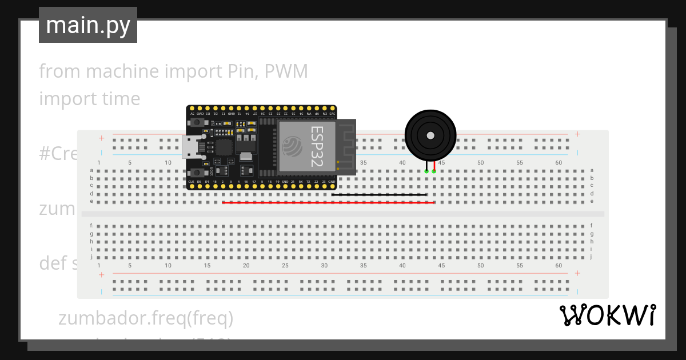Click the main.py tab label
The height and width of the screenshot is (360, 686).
click(x=88, y=25)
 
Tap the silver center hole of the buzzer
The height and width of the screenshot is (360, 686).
click(x=430, y=135)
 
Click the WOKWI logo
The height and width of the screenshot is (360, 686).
click(x=607, y=315)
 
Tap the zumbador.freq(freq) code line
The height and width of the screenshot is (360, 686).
click(x=146, y=318)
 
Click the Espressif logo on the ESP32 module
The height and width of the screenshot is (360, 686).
click(x=293, y=146)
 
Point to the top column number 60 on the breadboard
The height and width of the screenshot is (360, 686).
click(x=559, y=163)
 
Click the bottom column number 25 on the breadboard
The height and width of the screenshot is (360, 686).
click(x=285, y=266)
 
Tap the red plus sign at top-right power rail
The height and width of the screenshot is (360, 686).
click(x=577, y=135)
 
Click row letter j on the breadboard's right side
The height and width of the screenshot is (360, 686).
click(x=592, y=257)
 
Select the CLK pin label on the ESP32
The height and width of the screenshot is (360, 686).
click(x=192, y=182)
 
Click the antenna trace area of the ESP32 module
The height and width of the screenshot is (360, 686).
click(x=346, y=146)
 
